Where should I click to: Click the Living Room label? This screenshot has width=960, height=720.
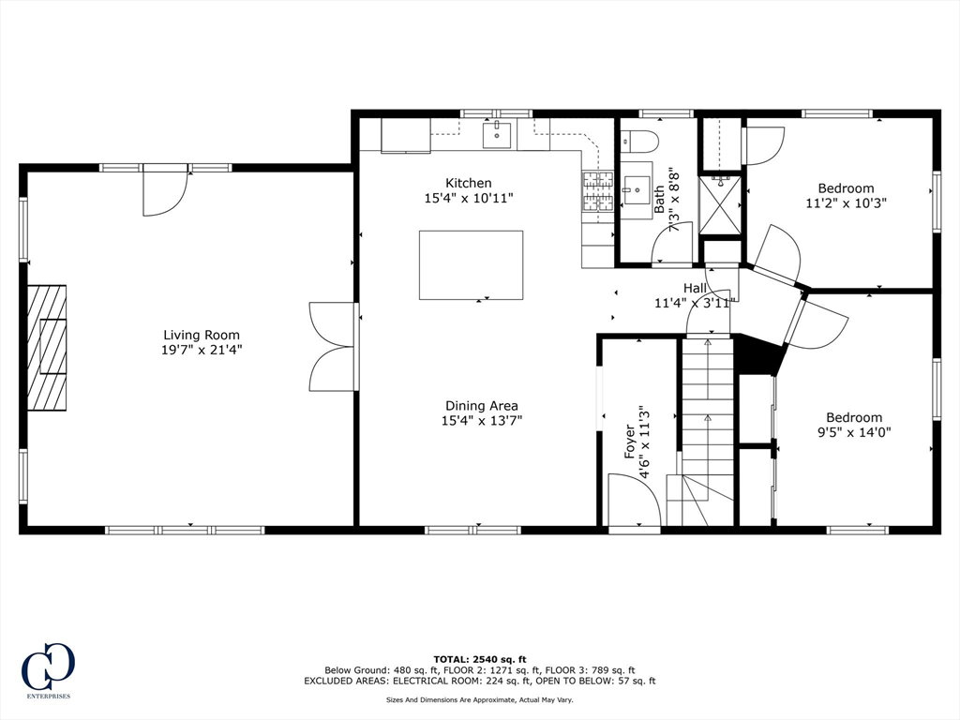(x=202, y=335)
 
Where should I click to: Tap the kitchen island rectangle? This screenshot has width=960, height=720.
(x=471, y=265)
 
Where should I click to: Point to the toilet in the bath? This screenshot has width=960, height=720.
(x=639, y=142)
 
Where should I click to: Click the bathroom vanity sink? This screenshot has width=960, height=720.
(x=636, y=190)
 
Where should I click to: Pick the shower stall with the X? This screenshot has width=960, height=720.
(x=720, y=205)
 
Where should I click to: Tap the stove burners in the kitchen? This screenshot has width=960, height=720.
(x=597, y=190)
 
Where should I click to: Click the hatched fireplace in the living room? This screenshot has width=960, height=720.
(x=47, y=347)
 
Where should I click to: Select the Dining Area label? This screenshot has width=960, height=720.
(x=482, y=405)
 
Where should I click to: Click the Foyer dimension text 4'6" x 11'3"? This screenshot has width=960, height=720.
(x=644, y=442)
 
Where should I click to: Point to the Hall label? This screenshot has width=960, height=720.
(x=695, y=288)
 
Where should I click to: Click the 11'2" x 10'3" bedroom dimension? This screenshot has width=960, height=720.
(x=847, y=202)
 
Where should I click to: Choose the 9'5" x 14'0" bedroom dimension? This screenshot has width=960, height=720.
(x=854, y=432)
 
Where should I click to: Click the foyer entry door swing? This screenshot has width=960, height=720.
(x=635, y=500)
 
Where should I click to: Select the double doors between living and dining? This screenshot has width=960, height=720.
(x=333, y=346)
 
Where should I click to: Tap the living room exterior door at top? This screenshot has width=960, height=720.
(x=165, y=191)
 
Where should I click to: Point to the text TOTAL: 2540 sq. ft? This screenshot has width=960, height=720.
(x=480, y=659)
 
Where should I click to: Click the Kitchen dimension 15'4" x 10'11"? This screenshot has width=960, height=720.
(x=469, y=199)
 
